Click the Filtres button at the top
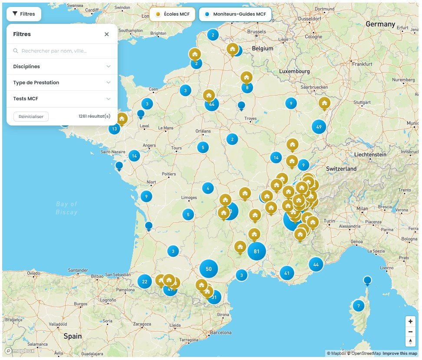pyautogui.click(x=24, y=14)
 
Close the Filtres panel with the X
pyautogui.click(x=107, y=34)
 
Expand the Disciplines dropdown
pyautogui.click(x=62, y=66)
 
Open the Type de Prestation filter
pyautogui.click(x=62, y=83)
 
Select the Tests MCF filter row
pyautogui.click(x=62, y=99)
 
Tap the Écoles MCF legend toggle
pyautogui.click(x=172, y=14)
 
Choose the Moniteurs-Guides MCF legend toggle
pyautogui.click(x=235, y=14)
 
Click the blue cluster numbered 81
pyautogui.click(x=257, y=251)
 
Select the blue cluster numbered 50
pyautogui.click(x=208, y=269)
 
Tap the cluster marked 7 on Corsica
pyautogui.click(x=358, y=306)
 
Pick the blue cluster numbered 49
pyautogui.click(x=319, y=127)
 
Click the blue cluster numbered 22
pyautogui.click(x=145, y=281)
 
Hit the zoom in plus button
pyautogui.click(x=410, y=321)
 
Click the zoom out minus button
pyautogui.click(x=410, y=331)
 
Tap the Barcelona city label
pyautogui.click(x=221, y=333)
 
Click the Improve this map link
pyautogui.click(x=400, y=353)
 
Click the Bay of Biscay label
pyautogui.click(x=66, y=208)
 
